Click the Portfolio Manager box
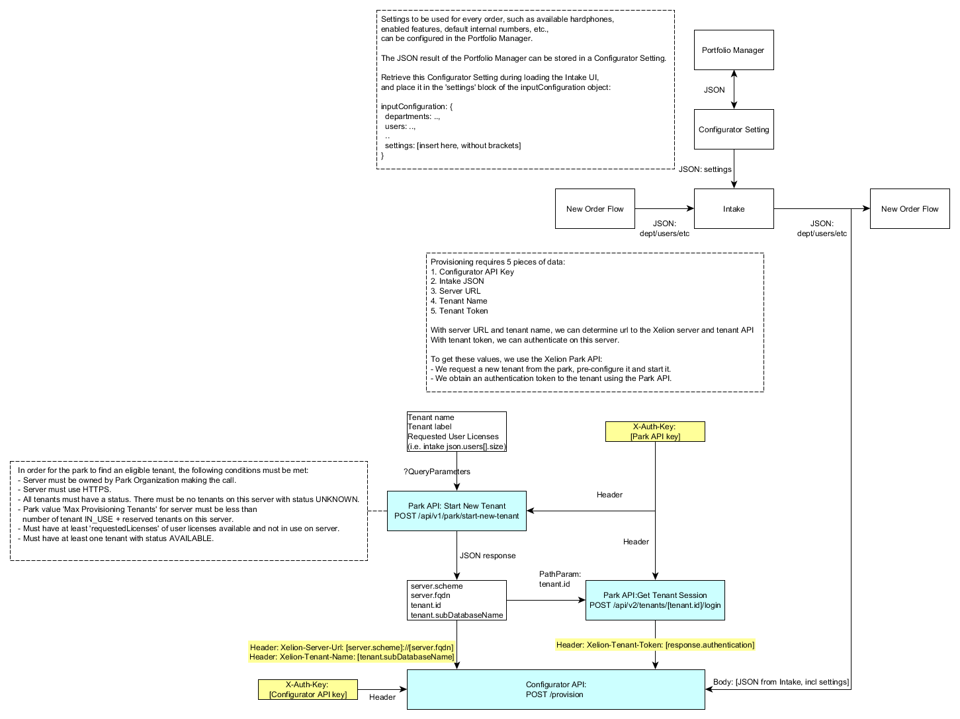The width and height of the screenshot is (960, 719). pos(733,50)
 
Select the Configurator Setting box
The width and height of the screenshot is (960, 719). pos(733,130)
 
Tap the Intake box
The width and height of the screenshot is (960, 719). pos(733,209)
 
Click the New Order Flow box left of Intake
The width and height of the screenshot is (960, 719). pos(595,209)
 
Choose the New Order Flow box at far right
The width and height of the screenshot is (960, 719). pos(909,209)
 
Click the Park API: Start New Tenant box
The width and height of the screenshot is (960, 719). pos(457,511)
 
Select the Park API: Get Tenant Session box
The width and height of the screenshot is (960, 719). pos(655,600)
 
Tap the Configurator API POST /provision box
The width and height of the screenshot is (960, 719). pos(556,689)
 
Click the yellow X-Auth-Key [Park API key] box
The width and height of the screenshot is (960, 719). pos(655,431)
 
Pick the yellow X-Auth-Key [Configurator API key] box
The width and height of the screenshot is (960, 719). pos(308,689)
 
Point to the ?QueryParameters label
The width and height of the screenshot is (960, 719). pos(437,472)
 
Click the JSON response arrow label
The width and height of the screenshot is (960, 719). pos(488,556)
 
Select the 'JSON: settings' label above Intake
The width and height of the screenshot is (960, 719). pos(705,169)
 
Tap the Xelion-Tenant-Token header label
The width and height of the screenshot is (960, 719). pos(655,645)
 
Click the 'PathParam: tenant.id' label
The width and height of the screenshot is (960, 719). pos(560,579)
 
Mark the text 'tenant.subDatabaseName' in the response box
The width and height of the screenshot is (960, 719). pos(457,615)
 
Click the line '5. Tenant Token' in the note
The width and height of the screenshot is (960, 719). pos(459,311)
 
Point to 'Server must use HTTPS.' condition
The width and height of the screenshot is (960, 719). pos(66,489)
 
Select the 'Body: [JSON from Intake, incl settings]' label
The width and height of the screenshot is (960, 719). pos(781,682)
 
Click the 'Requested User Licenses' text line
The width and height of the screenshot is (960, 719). pos(453,437)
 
